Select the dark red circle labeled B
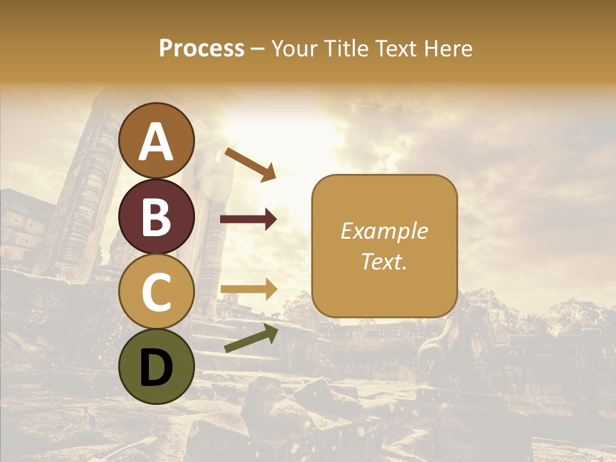click(x=157, y=216)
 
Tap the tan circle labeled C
click(x=157, y=292)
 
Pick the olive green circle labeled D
click(x=157, y=366)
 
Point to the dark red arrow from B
click(x=248, y=219)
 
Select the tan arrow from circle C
click(x=248, y=289)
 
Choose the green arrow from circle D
click(x=251, y=338)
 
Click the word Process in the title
click(x=201, y=48)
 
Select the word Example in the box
click(x=384, y=231)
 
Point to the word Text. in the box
click(x=384, y=261)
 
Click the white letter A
click(x=157, y=142)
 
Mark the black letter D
click(x=157, y=368)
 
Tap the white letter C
click(x=157, y=293)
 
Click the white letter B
click(x=157, y=217)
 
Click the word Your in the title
click(x=293, y=48)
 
